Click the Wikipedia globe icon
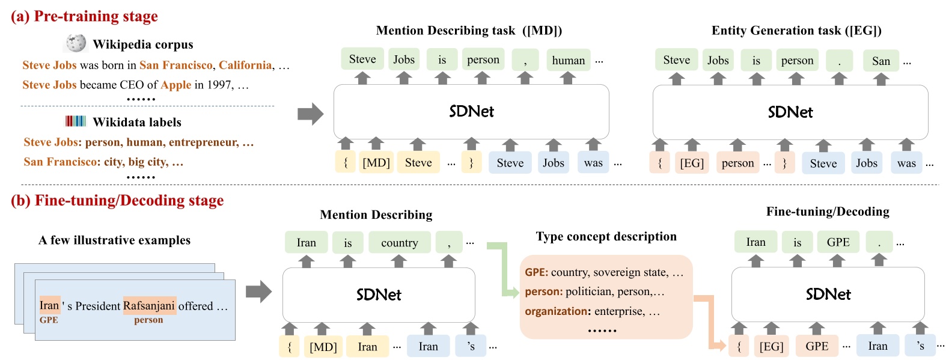tap(76, 43)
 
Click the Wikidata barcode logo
tap(76, 121)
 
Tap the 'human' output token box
tap(568, 60)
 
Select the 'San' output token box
tap(880, 61)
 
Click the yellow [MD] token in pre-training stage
tap(376, 163)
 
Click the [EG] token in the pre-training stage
tap(692, 163)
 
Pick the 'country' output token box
tap(399, 243)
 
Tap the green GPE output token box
tap(838, 242)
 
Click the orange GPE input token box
tap(817, 346)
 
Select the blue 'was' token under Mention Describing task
tap(593, 163)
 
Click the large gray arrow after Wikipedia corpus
tap(310, 114)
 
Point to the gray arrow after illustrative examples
tap(258, 292)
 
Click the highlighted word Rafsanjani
tap(149, 305)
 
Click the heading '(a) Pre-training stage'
tap(84, 16)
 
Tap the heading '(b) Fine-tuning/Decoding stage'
tap(117, 201)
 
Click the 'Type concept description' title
tap(606, 236)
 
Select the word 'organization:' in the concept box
tap(557, 311)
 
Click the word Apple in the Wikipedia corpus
tap(175, 85)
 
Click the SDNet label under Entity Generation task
tap(790, 112)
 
